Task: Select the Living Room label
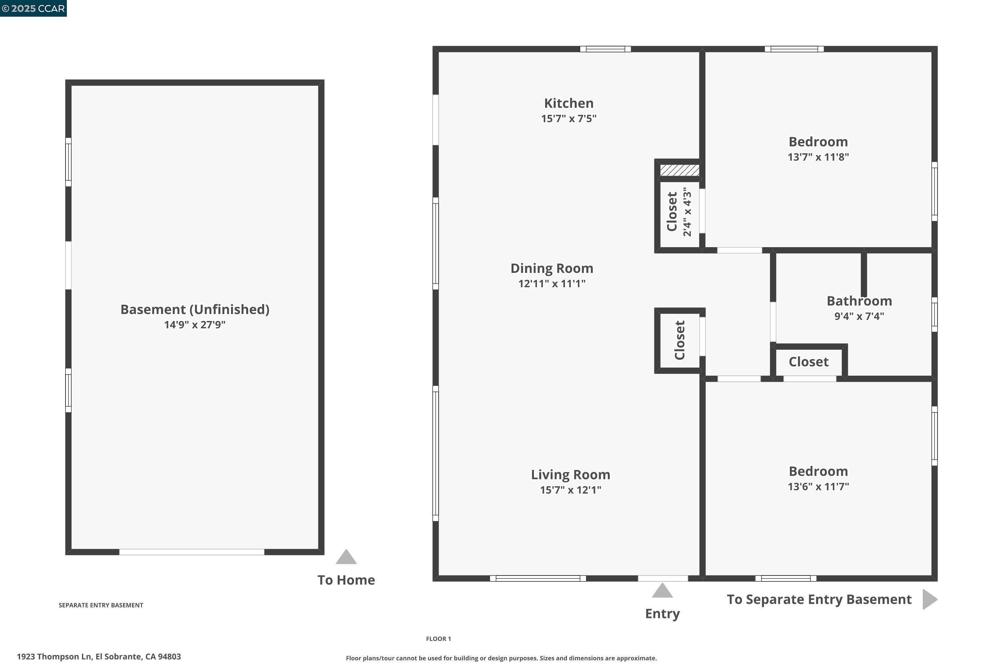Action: point(571,475)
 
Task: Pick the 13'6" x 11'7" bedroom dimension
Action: point(818,487)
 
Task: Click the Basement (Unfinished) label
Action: point(195,310)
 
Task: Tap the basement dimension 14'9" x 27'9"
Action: point(195,325)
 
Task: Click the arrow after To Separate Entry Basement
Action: point(930,600)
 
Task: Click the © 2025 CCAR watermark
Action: point(33,9)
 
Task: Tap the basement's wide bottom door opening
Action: point(192,552)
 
